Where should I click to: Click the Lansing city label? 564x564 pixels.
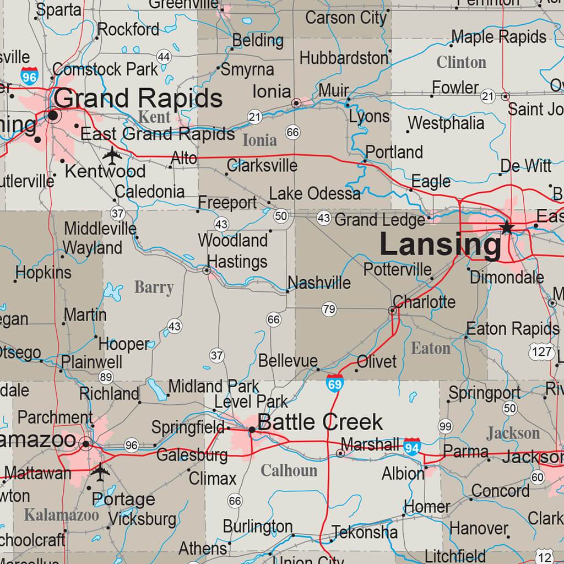coord(441,245)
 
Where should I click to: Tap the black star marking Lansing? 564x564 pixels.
coord(507,228)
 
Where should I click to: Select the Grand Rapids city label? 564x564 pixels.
coord(138,99)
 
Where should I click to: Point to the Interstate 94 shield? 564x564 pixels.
coord(413,446)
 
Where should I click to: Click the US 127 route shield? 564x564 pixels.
coord(542,351)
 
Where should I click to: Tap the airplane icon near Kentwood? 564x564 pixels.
coord(112,155)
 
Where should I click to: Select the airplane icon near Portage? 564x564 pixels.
coord(100,471)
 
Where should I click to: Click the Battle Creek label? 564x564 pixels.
coord(319,422)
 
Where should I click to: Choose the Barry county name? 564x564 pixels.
coord(154,287)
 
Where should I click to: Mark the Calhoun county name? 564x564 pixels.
coord(289,470)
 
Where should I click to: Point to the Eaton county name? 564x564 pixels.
coord(431,348)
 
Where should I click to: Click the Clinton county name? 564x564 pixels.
coord(461,62)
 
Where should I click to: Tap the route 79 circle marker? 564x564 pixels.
coord(329,309)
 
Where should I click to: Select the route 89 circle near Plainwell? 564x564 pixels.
coord(106,377)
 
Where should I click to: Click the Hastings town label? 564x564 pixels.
coord(237,261)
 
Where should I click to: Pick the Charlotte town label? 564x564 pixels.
coord(424,302)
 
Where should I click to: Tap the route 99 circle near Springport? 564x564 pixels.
coord(445,426)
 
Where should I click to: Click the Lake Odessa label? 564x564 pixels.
coord(314,193)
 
